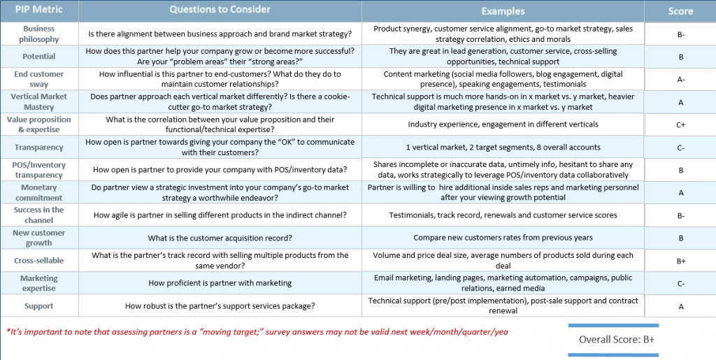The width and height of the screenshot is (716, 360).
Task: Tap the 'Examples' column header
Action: pos(503,11)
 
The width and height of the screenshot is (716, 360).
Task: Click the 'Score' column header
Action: pos(680,11)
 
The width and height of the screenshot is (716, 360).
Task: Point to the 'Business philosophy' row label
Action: pos(39,34)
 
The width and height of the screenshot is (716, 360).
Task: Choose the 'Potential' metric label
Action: pos(39,57)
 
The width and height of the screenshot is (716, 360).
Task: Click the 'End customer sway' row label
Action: pos(39,79)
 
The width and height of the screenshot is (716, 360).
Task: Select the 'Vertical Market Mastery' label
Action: pos(39,101)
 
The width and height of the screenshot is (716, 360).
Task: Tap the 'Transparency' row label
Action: pos(39,147)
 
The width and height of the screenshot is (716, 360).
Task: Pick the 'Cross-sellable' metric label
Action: pos(39,261)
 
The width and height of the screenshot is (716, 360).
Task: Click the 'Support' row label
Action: pos(39,306)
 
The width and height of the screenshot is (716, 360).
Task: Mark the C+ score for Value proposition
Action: pos(680,125)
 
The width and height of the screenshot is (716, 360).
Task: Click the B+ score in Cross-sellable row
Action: pos(680,261)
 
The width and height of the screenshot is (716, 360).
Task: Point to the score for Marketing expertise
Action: pos(680,284)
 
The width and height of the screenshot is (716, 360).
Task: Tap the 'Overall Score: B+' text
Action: pos(616,340)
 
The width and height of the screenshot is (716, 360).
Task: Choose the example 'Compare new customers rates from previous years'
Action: pos(503,238)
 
